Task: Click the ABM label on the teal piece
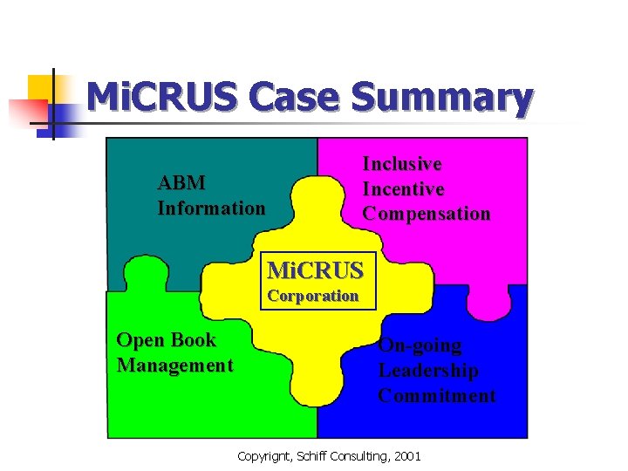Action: [181, 183]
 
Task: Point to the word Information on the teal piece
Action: [211, 208]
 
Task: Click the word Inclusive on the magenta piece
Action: [402, 164]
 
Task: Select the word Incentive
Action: [403, 188]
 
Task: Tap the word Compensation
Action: [427, 214]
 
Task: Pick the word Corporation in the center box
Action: [313, 296]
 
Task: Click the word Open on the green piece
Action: [140, 339]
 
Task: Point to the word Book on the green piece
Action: [193, 339]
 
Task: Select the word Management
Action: [175, 365]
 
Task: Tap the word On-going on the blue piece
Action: [420, 345]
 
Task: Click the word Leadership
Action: [428, 371]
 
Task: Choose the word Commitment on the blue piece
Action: [437, 396]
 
